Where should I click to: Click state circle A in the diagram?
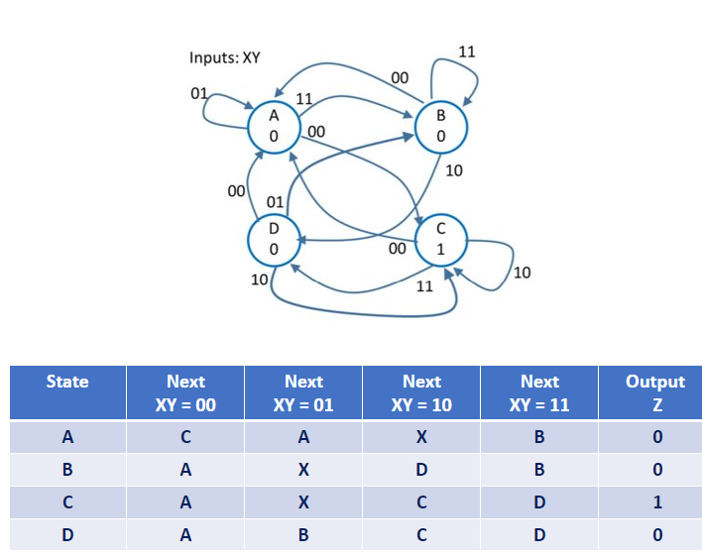click(x=274, y=126)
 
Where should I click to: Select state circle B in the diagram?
click(x=440, y=126)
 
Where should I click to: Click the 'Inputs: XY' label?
click(x=224, y=57)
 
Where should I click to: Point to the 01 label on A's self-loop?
click(x=198, y=93)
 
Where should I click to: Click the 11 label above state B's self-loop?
click(x=466, y=52)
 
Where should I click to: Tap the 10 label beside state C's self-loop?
click(x=522, y=273)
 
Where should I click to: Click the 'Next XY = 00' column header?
click(x=185, y=392)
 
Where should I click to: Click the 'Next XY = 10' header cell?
click(x=421, y=392)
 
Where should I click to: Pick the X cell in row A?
click(x=421, y=437)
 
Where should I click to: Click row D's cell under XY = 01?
click(x=303, y=535)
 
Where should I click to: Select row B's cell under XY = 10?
click(x=421, y=470)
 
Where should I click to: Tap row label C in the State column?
click(x=67, y=502)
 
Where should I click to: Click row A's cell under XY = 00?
click(x=185, y=437)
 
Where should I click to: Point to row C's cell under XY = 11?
click(x=539, y=502)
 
